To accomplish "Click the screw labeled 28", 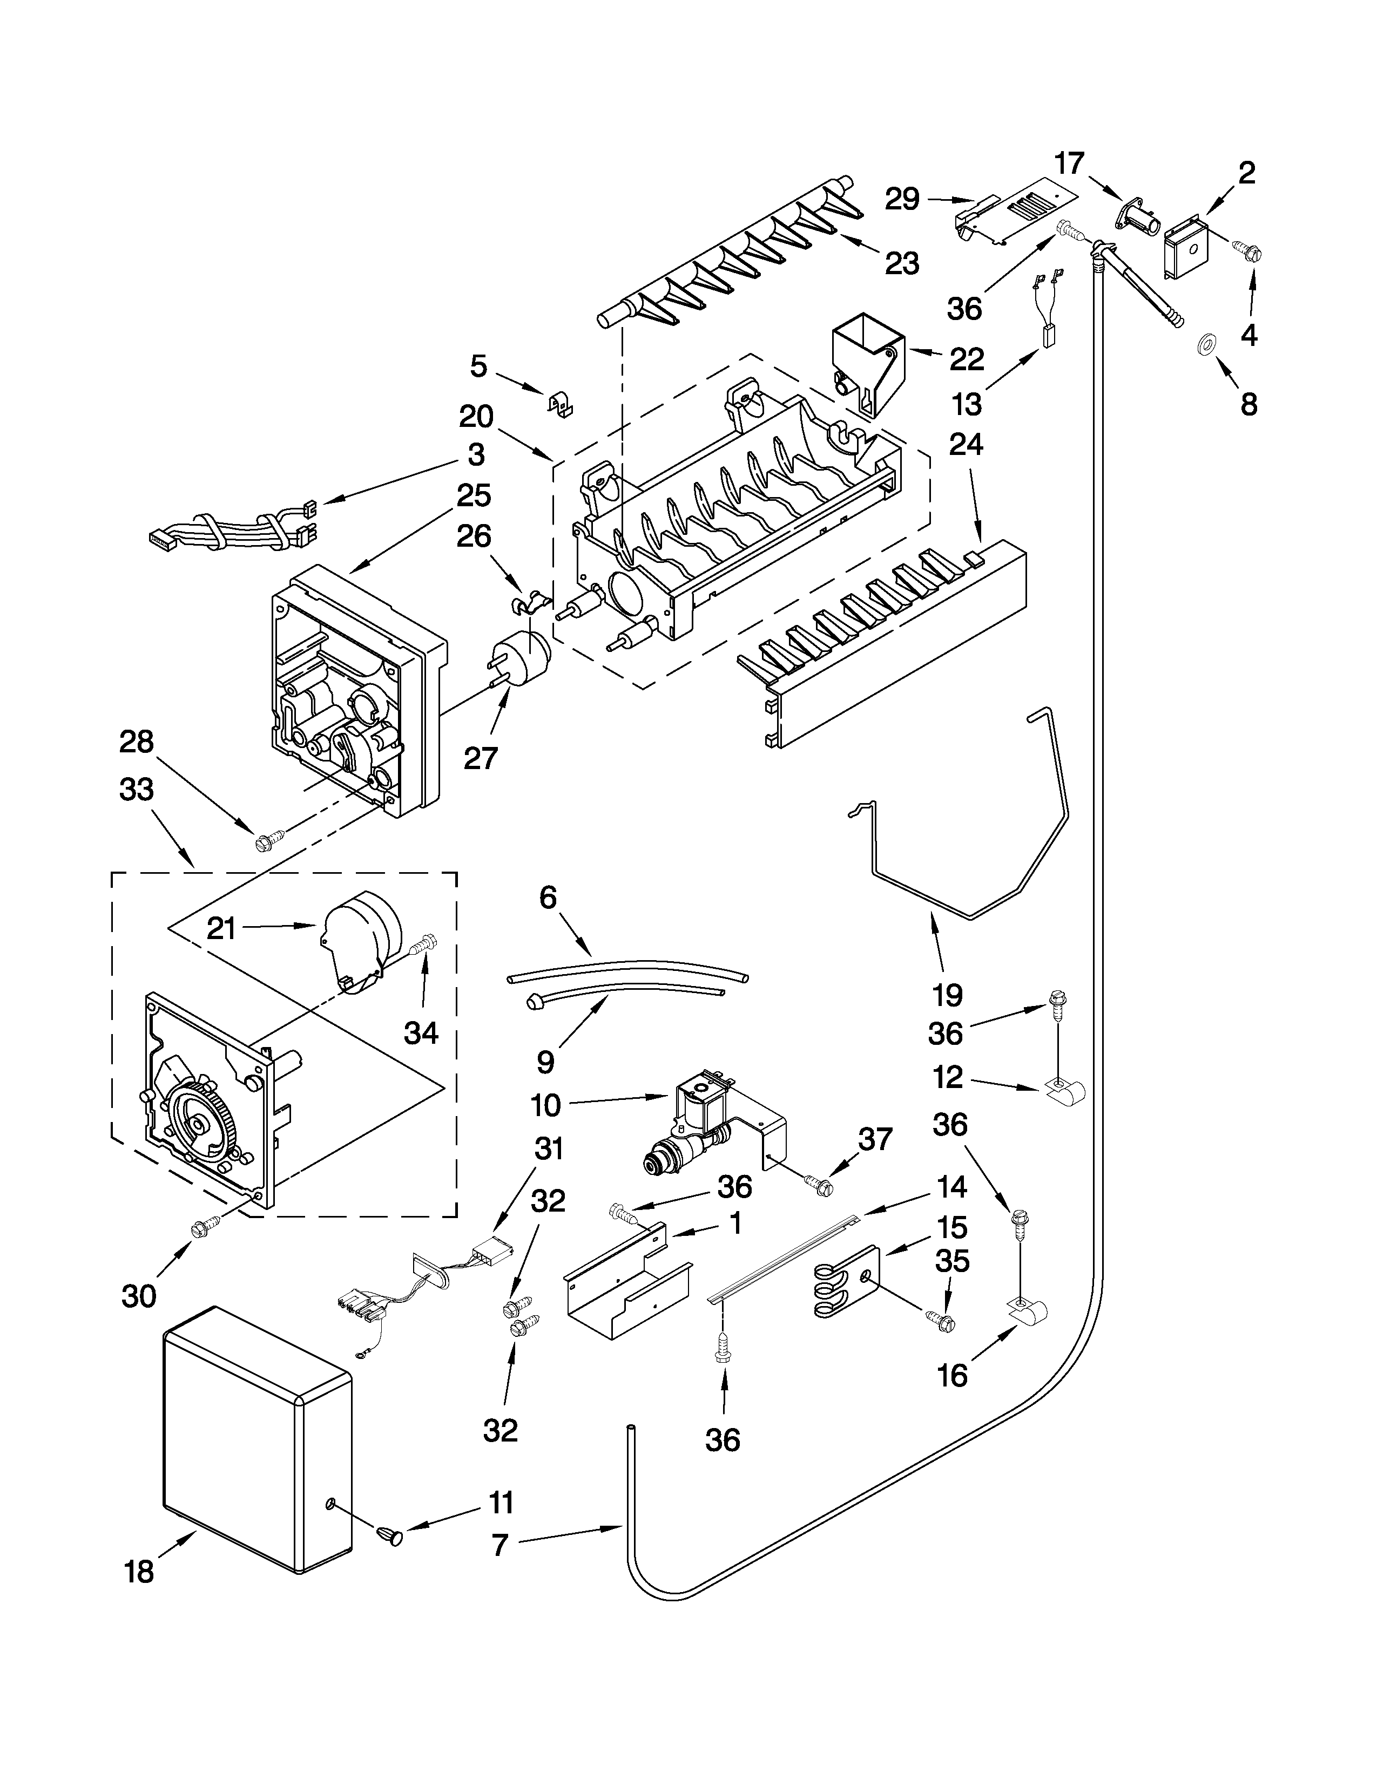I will [268, 839].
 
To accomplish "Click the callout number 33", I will [136, 790].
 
